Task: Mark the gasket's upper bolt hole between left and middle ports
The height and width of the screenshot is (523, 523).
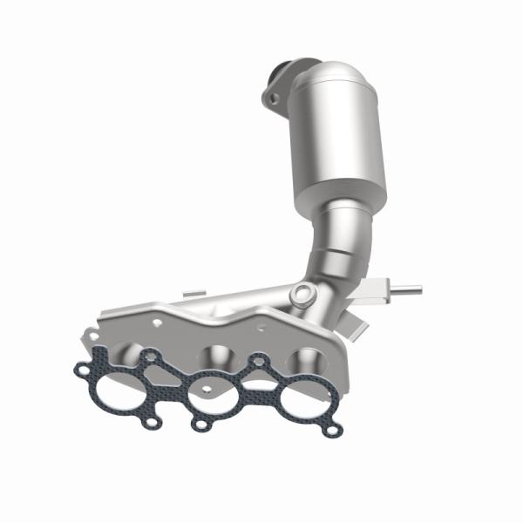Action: pos(152,355)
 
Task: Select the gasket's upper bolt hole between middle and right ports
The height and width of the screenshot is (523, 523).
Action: pos(258,359)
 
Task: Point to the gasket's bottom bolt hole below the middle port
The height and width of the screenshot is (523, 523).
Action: pos(201,425)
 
